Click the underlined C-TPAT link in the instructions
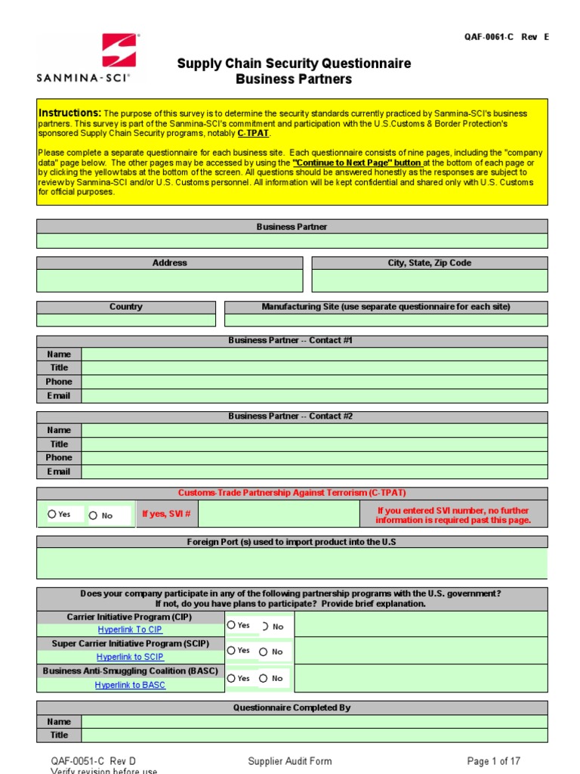click(x=253, y=133)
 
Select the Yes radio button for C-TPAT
click(x=52, y=514)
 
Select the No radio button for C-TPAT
click(x=93, y=515)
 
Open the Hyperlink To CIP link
click(x=130, y=630)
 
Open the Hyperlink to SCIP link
click(x=130, y=657)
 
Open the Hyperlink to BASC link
click(x=130, y=685)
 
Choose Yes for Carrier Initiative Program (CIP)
click(x=231, y=625)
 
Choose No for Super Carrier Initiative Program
click(x=264, y=652)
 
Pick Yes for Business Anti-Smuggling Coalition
click(x=231, y=678)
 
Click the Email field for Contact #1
click(x=314, y=395)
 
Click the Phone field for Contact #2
click(x=314, y=457)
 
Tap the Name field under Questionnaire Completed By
click(x=314, y=721)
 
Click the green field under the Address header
click(x=169, y=280)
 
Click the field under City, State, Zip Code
click(x=429, y=280)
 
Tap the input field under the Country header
click(x=125, y=320)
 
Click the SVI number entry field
click(x=279, y=515)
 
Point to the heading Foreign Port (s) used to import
click(x=292, y=542)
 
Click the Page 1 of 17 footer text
click(x=493, y=761)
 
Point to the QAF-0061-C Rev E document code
click(x=506, y=37)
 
